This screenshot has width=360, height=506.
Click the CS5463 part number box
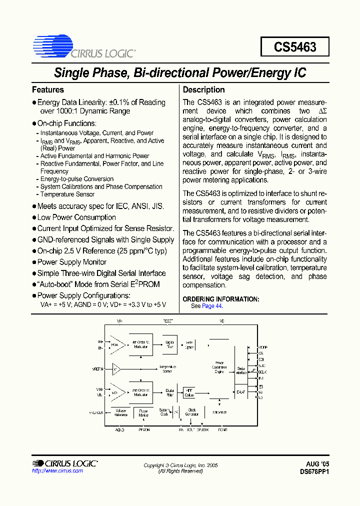click(x=295, y=47)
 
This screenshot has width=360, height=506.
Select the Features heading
click(x=48, y=90)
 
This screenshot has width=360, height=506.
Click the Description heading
click(x=203, y=90)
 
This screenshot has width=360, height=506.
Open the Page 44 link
click(x=211, y=306)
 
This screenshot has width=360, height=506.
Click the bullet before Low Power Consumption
click(x=34, y=217)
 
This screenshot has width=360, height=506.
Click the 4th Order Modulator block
click(x=140, y=344)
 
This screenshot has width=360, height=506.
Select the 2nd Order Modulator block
click(x=140, y=392)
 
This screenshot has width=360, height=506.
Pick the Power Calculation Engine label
click(x=219, y=367)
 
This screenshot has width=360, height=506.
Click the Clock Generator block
click(x=192, y=412)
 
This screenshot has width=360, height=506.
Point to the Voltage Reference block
click(x=121, y=412)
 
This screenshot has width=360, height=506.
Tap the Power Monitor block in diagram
click(x=143, y=413)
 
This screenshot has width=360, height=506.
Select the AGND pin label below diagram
click(x=120, y=429)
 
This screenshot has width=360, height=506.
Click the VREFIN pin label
click(x=97, y=369)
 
